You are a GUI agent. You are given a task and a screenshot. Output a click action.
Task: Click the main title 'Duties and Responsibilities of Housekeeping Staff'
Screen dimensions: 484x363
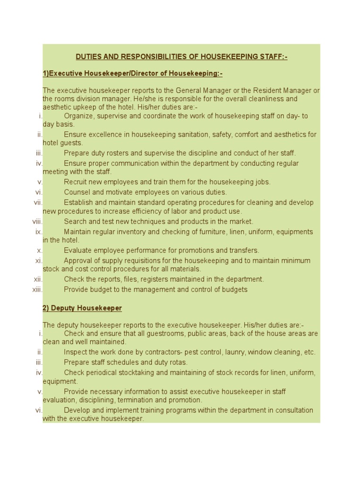[181, 57]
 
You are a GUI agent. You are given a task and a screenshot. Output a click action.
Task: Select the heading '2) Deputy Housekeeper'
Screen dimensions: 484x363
[82, 308]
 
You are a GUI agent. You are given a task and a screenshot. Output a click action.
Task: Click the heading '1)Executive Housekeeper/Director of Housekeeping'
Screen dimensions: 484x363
[132, 74]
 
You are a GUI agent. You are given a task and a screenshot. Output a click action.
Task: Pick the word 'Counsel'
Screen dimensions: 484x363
[77, 192]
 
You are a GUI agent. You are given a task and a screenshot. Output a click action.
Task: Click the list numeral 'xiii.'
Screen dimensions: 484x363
[37, 289]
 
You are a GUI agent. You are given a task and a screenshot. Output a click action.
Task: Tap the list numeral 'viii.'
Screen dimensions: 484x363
[38, 221]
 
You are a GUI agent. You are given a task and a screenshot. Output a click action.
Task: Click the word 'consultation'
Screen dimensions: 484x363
[293, 410]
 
